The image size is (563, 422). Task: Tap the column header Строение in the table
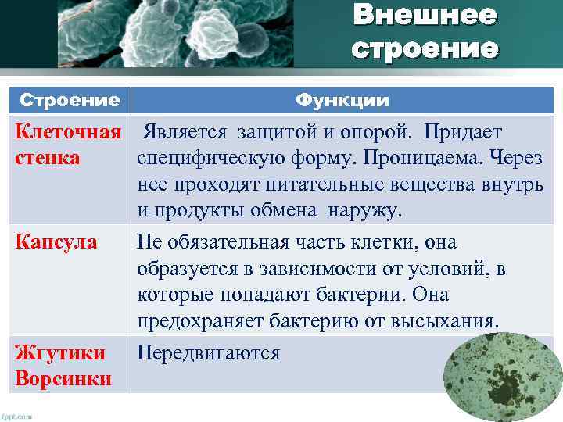(69, 102)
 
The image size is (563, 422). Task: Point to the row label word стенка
(48, 158)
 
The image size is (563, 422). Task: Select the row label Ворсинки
(63, 379)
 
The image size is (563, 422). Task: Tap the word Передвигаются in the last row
(208, 353)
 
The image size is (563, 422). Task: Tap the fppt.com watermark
(17, 417)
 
